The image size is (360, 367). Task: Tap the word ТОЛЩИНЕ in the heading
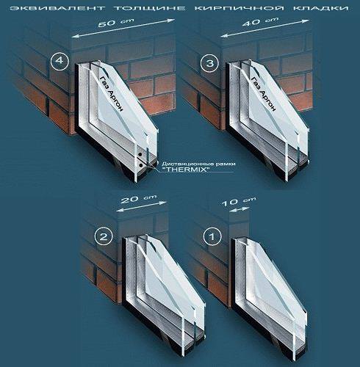(x=150, y=8)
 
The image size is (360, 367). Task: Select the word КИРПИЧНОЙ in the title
(x=240, y=8)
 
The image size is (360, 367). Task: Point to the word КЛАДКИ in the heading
(x=321, y=8)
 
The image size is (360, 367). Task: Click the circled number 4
(x=60, y=60)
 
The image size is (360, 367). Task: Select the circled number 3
(x=209, y=64)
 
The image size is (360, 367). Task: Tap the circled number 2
(x=104, y=237)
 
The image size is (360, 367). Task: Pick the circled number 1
(x=212, y=236)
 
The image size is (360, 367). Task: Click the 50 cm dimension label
(x=116, y=22)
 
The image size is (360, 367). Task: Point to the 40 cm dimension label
(x=260, y=21)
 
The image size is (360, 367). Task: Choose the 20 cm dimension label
(x=139, y=199)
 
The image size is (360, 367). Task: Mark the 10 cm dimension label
(x=239, y=201)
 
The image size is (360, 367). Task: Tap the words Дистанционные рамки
(x=198, y=164)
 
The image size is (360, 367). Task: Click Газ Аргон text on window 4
(x=111, y=93)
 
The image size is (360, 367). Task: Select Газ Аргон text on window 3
(x=264, y=93)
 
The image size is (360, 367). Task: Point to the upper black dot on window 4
(x=140, y=155)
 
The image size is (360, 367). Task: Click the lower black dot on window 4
(x=141, y=165)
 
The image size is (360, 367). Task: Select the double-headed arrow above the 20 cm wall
(x=141, y=206)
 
